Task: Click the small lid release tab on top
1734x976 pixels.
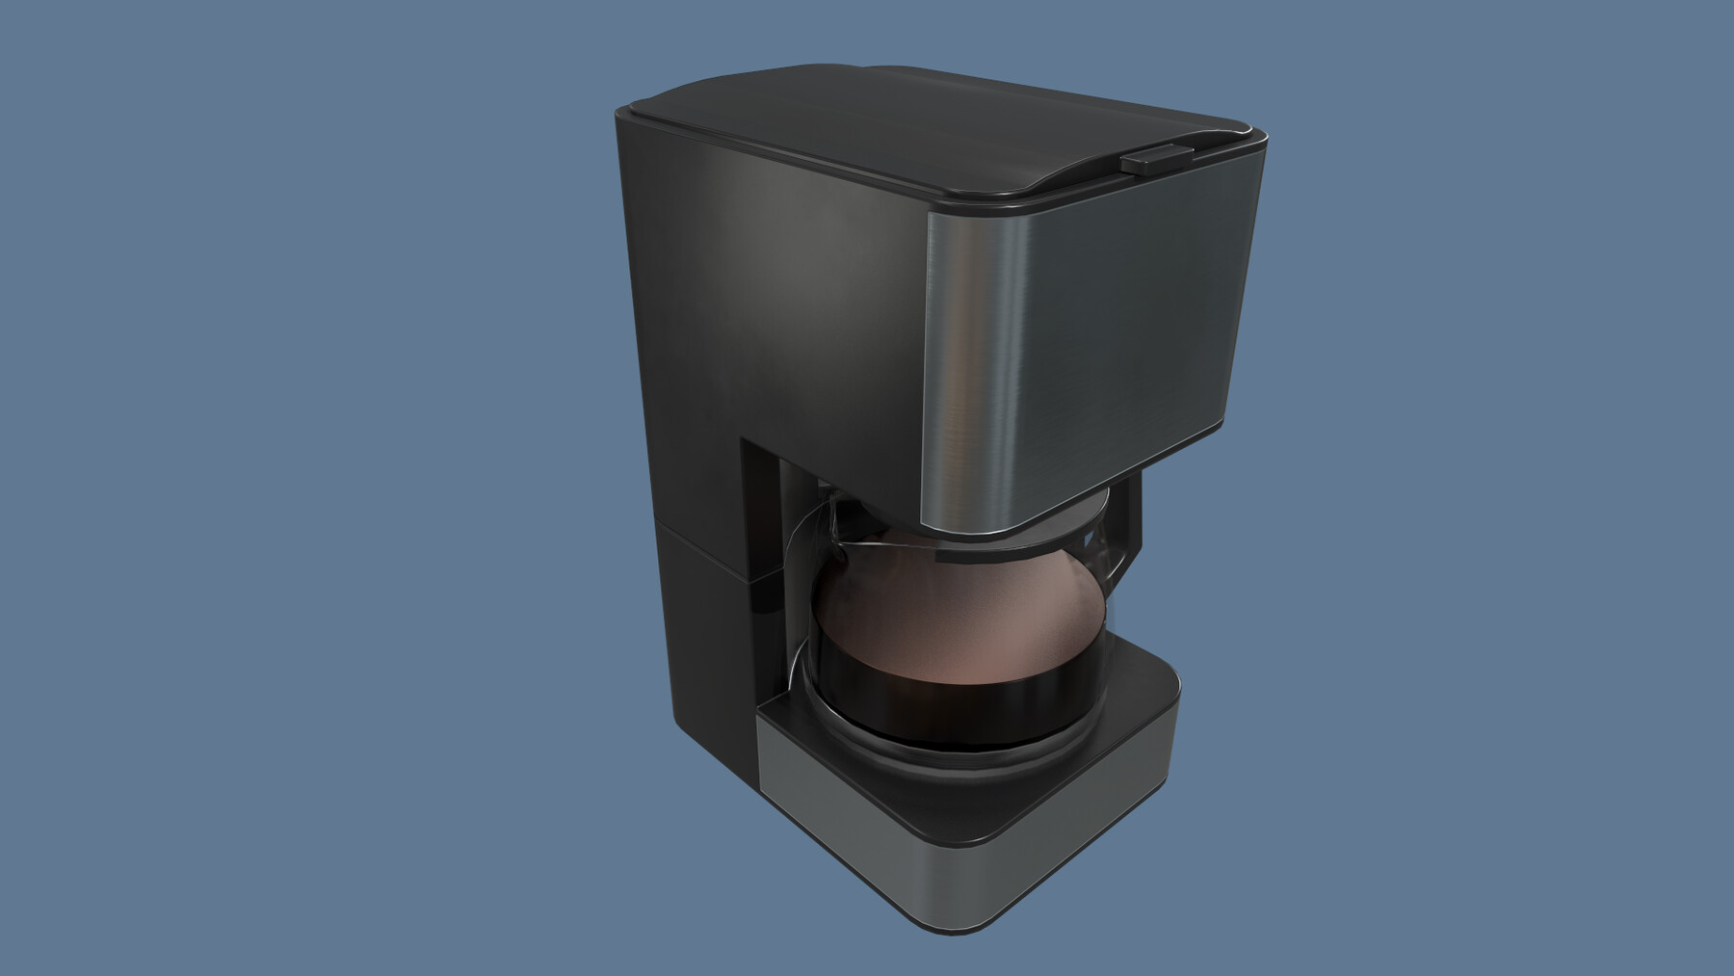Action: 1155,159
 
